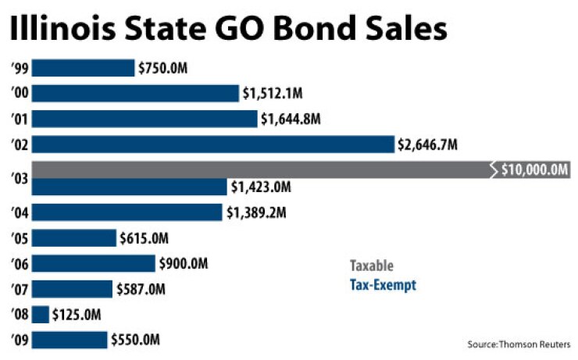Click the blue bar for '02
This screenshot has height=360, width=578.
[x=212, y=144]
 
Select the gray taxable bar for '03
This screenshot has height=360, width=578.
[x=258, y=169]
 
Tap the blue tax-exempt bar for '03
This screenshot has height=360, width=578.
[x=129, y=187]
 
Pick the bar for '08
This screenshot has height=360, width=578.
[x=41, y=315]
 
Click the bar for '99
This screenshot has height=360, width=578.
[x=83, y=68]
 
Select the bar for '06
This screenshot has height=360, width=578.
[x=93, y=263]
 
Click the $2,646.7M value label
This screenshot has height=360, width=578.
[x=427, y=144]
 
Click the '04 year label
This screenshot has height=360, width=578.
[x=20, y=212]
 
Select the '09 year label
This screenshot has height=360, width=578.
[x=20, y=340]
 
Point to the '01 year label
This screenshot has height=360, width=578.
[x=20, y=119]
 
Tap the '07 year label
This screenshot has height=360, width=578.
[x=20, y=289]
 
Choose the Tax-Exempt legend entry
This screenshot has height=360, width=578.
[x=382, y=286]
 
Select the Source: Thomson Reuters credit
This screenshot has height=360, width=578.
[x=519, y=344]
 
